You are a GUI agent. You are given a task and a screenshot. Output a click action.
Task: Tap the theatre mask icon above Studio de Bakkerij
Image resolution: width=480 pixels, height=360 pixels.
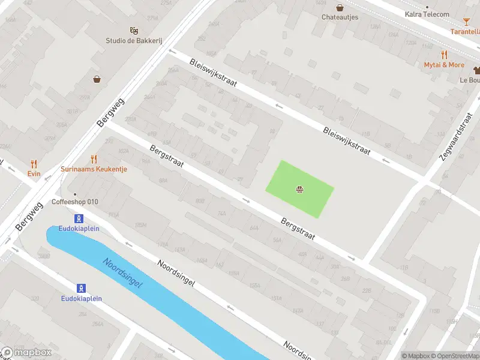[x=134, y=29]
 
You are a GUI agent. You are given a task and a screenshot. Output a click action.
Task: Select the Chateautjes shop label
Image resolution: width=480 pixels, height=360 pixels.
[x=340, y=17]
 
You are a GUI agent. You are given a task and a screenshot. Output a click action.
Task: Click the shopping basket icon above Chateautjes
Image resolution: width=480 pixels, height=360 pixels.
[x=340, y=8]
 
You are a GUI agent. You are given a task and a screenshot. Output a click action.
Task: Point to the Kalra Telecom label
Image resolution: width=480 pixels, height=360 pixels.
[x=427, y=14]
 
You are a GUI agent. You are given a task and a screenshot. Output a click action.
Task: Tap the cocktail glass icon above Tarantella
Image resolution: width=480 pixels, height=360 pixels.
[x=467, y=22]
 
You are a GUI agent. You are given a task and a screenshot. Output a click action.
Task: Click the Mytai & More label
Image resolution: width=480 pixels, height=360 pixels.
[x=444, y=65]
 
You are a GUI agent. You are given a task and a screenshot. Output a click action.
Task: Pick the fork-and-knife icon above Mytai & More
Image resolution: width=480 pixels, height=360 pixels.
[x=444, y=55]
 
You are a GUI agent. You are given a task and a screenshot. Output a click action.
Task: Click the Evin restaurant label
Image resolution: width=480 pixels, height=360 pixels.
[x=34, y=173]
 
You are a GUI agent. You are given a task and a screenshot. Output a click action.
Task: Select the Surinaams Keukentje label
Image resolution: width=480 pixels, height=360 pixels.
[x=94, y=169]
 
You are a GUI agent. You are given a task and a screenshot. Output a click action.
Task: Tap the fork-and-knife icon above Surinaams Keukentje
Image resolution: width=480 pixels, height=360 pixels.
[x=94, y=159]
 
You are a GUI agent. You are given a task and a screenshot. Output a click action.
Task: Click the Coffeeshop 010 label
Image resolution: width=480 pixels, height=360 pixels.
[x=75, y=202]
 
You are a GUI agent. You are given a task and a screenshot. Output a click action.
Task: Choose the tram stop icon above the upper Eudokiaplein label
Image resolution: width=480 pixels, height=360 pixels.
[x=79, y=218]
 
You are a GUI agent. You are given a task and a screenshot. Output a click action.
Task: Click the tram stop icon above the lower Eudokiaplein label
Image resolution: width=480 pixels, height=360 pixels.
[x=81, y=288]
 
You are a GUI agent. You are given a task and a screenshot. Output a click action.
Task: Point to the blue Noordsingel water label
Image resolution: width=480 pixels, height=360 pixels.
[x=122, y=273]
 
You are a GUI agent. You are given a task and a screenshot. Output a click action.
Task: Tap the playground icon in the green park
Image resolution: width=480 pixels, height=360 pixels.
[x=299, y=191]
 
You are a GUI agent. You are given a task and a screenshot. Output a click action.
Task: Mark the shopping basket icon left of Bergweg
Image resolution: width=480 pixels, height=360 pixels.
[x=97, y=79]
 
